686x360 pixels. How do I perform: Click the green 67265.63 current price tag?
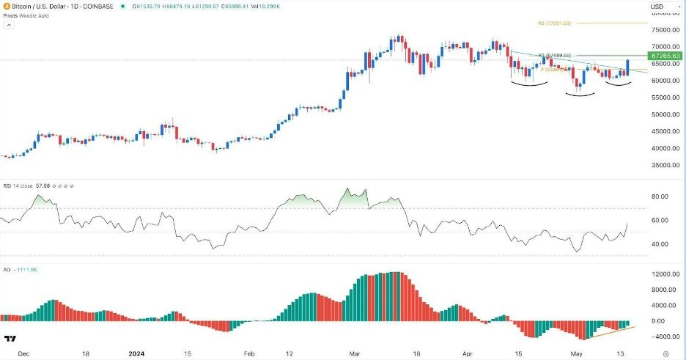tap(665, 56)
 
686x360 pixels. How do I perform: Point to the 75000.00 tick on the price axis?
tap(662, 30)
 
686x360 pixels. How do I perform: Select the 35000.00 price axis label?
tap(662, 165)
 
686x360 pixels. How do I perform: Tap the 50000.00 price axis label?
tap(662, 114)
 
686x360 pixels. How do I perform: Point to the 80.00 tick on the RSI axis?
tap(660, 196)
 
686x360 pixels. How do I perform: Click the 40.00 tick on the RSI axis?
tap(660, 244)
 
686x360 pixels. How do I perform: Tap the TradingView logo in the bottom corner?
tap(10, 338)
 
